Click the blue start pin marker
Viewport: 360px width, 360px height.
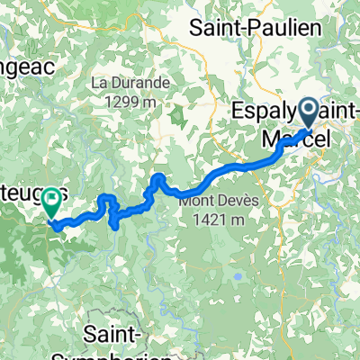pyautogui.click(x=308, y=114)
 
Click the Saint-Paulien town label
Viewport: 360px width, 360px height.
pyautogui.click(x=255, y=28)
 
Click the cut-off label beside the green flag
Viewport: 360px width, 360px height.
pyautogui.click(x=22, y=193)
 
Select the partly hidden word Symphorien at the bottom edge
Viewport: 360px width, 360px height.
pyautogui.click(x=126, y=354)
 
